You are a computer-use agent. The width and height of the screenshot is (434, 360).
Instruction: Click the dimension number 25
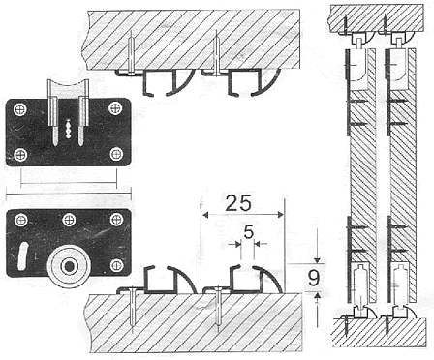pos(238,203)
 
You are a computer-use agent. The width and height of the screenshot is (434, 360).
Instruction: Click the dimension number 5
pos(248,232)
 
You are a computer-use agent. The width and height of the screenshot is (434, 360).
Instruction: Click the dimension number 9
pos(314,278)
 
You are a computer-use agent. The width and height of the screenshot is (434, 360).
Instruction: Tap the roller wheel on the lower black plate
pos(69,266)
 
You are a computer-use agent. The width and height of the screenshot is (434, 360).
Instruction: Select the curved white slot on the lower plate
pos(22,256)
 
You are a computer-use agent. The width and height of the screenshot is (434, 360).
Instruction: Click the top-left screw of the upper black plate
pos(20,109)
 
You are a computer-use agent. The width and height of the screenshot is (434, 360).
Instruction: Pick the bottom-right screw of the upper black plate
pos(116,154)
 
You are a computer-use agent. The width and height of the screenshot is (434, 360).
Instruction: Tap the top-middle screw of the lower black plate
pos(69,220)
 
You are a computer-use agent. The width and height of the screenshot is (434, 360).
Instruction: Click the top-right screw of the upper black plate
pos(115,108)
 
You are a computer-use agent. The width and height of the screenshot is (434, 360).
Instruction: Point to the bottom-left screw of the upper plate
pos(20,155)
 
